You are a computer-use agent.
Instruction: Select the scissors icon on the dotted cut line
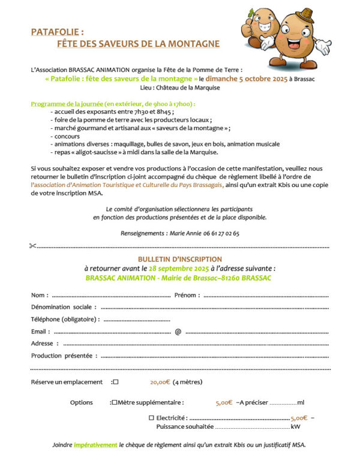(32, 246)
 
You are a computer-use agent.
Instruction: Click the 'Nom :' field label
(39, 296)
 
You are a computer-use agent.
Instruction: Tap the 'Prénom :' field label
(187, 296)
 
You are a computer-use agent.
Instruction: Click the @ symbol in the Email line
(178, 332)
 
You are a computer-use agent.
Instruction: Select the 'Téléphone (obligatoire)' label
(64, 320)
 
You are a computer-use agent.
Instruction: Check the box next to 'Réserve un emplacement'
(116, 382)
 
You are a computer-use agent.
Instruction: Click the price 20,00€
(160, 382)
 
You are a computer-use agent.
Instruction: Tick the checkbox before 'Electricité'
(151, 417)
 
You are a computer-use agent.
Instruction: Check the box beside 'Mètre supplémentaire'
(115, 402)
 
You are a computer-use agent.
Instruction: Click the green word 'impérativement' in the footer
(95, 445)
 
